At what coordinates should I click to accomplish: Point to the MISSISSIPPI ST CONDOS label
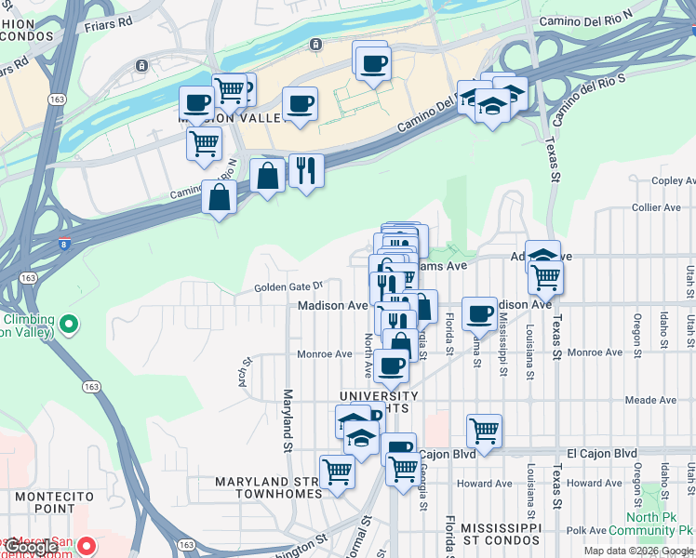click(500, 533)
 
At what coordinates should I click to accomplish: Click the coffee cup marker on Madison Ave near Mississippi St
click(479, 313)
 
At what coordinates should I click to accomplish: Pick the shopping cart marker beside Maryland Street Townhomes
click(336, 472)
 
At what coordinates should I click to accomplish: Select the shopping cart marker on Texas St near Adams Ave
click(545, 275)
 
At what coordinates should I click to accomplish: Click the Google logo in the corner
click(29, 547)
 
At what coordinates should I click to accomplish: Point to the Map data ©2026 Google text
click(638, 551)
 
